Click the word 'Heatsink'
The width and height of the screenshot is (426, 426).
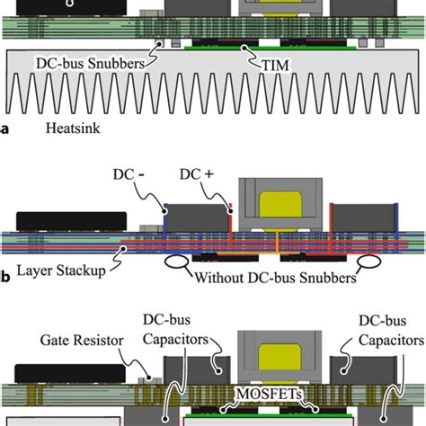click(x=75, y=129)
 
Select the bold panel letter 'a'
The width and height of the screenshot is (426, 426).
click(x=5, y=129)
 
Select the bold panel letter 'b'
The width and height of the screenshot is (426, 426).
click(x=5, y=277)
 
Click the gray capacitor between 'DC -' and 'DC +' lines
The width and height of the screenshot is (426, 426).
click(x=198, y=216)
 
